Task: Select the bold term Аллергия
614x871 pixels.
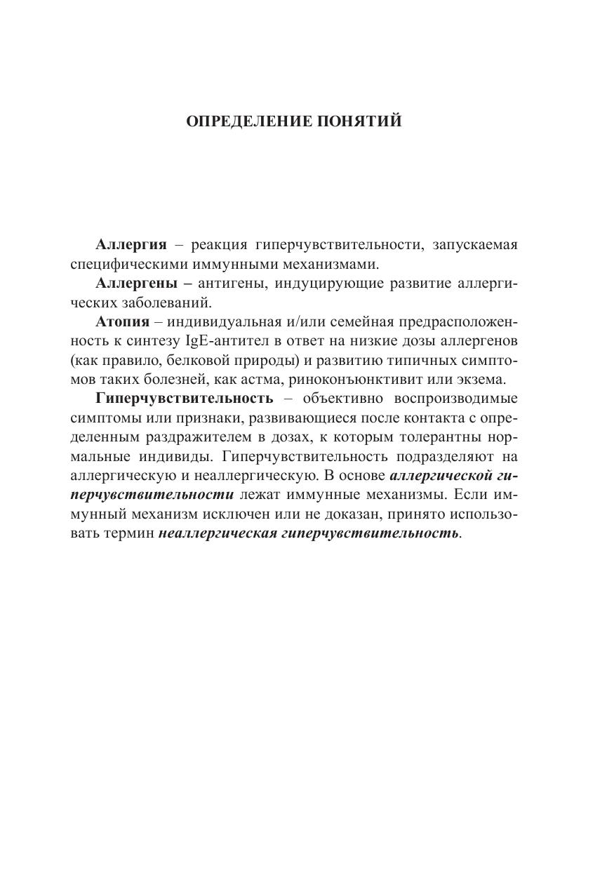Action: coord(131,245)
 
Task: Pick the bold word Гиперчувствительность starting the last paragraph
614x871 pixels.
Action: coord(184,399)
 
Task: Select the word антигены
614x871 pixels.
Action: coord(231,284)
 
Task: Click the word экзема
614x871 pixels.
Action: coord(478,380)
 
